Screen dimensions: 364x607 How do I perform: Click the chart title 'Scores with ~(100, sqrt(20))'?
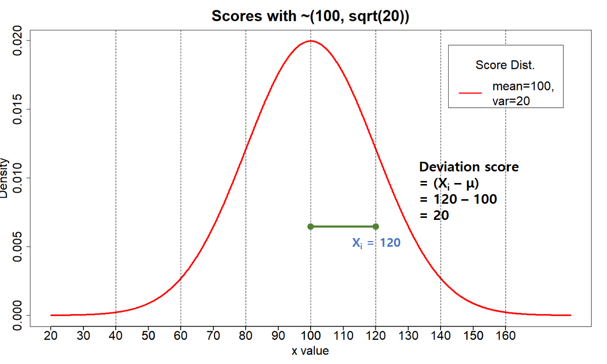(310, 16)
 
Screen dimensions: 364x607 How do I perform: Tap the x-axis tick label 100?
(311, 335)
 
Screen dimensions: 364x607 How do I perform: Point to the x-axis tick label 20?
(51, 335)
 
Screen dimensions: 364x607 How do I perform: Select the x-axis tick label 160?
(505, 335)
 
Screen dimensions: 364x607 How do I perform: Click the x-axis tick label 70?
(213, 335)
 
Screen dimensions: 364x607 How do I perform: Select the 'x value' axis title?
(310, 350)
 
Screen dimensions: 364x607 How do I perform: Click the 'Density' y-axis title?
(4, 178)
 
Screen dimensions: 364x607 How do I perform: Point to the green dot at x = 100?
(311, 226)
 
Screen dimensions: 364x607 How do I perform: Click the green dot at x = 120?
(375, 226)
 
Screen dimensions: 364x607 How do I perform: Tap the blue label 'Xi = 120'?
(376, 243)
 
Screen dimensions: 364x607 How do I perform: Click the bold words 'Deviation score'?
(469, 167)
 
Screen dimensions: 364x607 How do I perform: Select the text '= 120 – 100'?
(458, 199)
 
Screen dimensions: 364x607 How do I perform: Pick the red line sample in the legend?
(470, 93)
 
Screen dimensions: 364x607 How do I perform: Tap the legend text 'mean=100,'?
(523, 86)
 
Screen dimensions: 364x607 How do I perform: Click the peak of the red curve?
(311, 41)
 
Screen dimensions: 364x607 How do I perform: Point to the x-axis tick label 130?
(408, 335)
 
